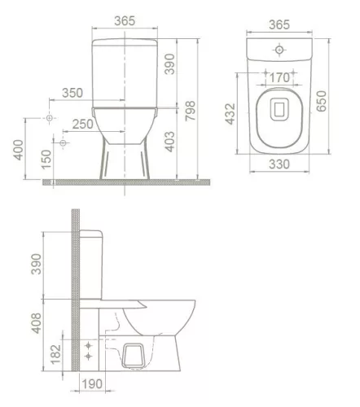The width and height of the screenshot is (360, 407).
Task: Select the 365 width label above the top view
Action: pos(279,25)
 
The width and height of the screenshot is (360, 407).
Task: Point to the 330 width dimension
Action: pos(279,165)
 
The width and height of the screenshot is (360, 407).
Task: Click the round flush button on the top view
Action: pos(279,50)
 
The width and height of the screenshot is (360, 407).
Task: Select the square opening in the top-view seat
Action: pos(279,108)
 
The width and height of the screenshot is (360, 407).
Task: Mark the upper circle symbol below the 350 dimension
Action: pos(50,119)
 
